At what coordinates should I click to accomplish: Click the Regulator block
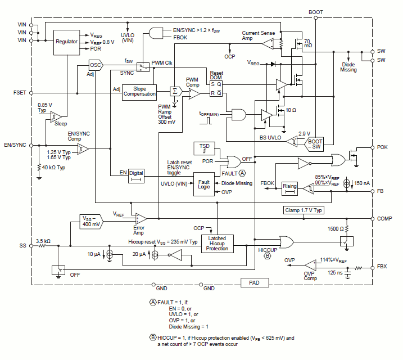[x=66, y=42]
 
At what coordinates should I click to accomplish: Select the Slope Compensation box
[x=139, y=92]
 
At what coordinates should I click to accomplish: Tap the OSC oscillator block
[x=96, y=65]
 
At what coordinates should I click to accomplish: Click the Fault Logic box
[x=204, y=184]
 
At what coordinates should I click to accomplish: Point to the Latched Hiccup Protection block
[x=217, y=244]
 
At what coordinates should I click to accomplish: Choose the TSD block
[x=205, y=148]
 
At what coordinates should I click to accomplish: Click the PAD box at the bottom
[x=255, y=282]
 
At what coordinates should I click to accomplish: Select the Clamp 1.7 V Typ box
[x=304, y=210]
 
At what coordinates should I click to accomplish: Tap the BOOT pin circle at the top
[x=316, y=18]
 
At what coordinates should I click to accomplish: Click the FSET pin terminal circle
[x=31, y=93]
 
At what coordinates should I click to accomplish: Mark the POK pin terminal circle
[x=372, y=147]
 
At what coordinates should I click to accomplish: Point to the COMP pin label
[x=384, y=219]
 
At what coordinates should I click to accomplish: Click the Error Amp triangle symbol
[x=141, y=219]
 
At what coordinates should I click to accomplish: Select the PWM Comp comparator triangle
[x=194, y=93]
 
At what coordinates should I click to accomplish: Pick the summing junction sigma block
[x=176, y=91]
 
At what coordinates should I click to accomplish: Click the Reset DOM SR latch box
[x=216, y=88]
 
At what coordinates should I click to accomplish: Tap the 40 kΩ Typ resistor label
[x=53, y=168]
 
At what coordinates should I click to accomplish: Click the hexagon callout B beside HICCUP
[x=268, y=256]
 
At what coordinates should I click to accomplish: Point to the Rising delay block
[x=289, y=188]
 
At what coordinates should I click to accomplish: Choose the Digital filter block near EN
[x=136, y=176]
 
